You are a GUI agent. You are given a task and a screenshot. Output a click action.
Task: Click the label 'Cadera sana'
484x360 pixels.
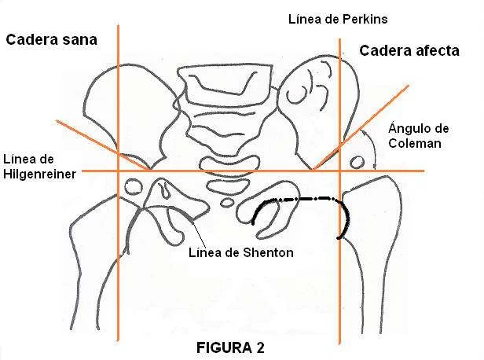click(51, 40)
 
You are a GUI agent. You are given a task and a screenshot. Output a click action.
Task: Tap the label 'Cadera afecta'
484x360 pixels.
click(409, 51)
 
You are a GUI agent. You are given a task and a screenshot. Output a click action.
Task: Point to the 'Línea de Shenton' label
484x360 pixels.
click(242, 252)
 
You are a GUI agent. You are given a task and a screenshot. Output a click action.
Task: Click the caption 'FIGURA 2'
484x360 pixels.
click(232, 347)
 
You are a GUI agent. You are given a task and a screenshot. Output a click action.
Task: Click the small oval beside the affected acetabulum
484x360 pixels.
click(357, 163)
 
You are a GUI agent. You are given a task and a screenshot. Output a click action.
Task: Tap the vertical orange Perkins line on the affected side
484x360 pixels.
click(339, 283)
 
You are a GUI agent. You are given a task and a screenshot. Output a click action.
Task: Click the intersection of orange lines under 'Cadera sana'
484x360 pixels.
click(118, 171)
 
